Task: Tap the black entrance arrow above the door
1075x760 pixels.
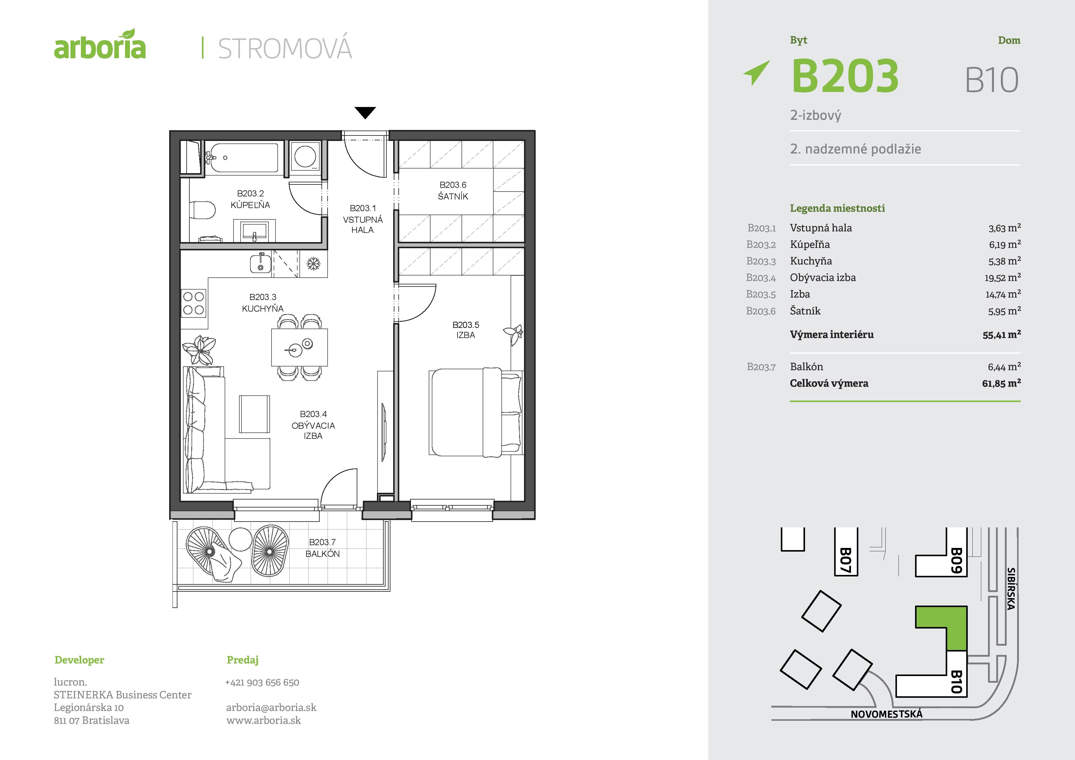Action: [x=365, y=113]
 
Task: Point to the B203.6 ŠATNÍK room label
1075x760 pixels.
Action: [x=453, y=191]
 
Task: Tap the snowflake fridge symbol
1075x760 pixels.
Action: [x=313, y=264]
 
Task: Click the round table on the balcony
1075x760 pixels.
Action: [x=240, y=539]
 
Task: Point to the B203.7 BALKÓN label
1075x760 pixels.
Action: [x=323, y=548]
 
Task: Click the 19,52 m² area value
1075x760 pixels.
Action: [x=1002, y=278]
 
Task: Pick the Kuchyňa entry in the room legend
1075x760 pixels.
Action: [x=811, y=261]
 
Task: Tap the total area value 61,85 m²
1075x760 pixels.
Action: [x=1001, y=383]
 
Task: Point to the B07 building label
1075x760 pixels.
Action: [x=845, y=560]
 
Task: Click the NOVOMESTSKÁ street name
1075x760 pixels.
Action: [x=886, y=714]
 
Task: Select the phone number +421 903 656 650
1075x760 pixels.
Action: [x=262, y=682]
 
